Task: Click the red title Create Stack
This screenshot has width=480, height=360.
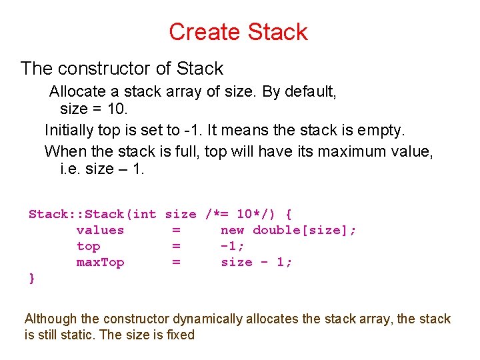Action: pos(238,31)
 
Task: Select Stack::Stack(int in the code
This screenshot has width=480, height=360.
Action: pos(92,214)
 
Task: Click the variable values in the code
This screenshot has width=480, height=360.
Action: pos(100,230)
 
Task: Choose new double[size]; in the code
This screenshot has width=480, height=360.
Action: pos(288,230)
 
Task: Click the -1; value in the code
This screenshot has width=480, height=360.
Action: pos(233,246)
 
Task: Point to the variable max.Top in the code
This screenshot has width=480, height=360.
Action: pos(100,262)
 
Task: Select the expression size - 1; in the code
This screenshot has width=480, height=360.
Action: pos(256,262)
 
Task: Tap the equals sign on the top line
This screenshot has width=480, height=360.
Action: pos(176,246)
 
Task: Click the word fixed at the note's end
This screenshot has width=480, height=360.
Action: pos(181,335)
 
